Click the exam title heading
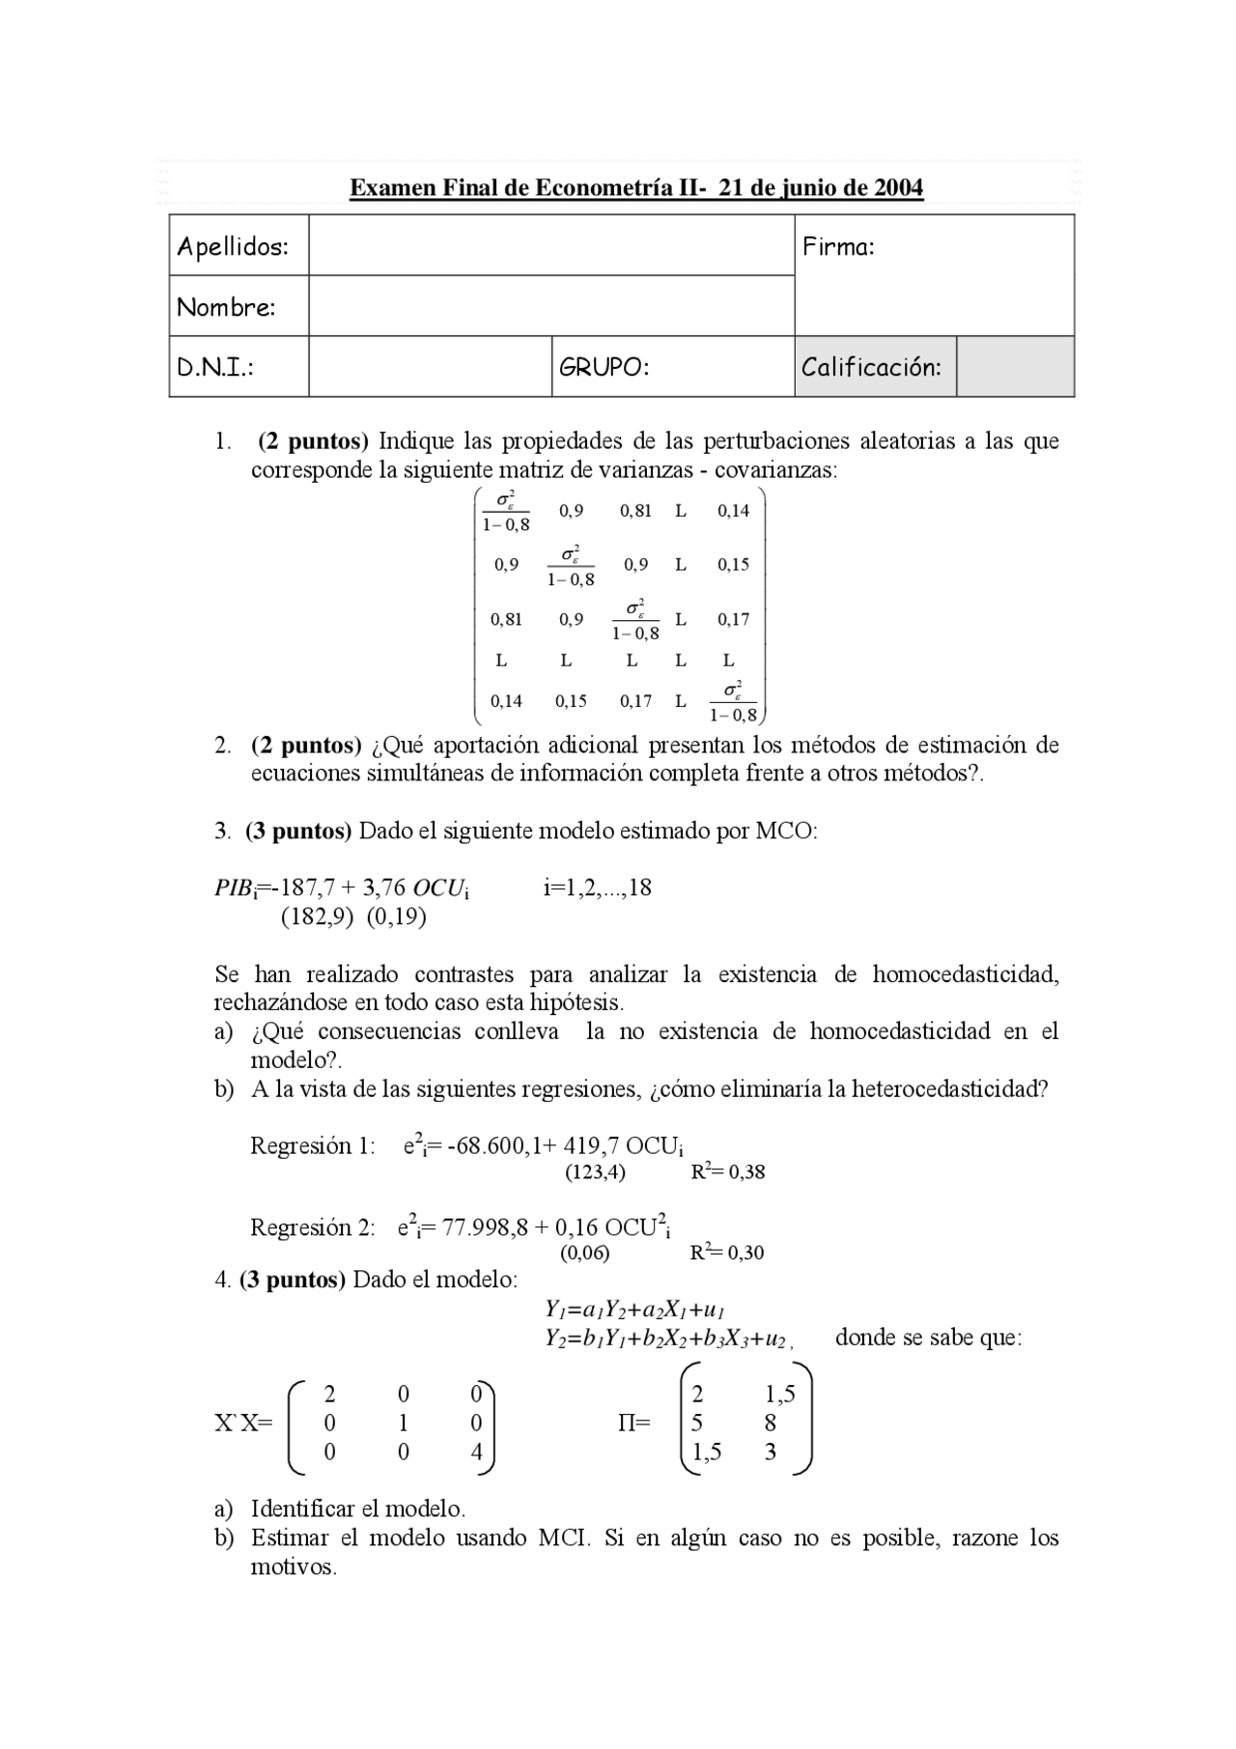click(x=635, y=187)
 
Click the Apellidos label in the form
click(x=233, y=246)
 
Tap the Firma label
click(x=838, y=246)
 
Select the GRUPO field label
click(x=604, y=367)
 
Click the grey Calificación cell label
click(x=871, y=367)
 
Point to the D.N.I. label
click(x=214, y=367)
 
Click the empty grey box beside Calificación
click(x=1015, y=367)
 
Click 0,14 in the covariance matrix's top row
click(x=733, y=511)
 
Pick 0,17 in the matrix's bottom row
click(x=635, y=701)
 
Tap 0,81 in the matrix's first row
click(x=635, y=511)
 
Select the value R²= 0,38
click(x=728, y=1172)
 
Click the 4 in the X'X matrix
click(x=476, y=1452)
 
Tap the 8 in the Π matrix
click(x=770, y=1423)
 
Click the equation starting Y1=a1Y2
click(x=634, y=1311)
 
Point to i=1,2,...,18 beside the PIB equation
click(x=598, y=888)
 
